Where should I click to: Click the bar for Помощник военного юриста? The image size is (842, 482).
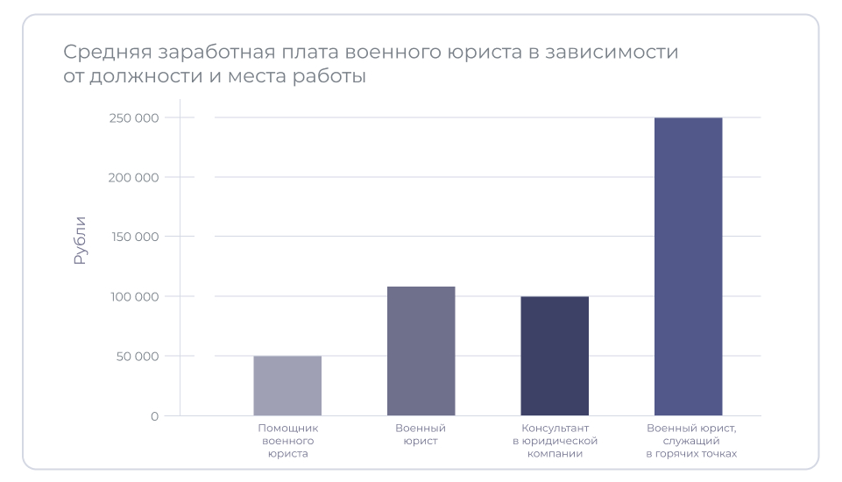coord(287,386)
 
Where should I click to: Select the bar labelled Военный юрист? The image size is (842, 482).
coord(421,351)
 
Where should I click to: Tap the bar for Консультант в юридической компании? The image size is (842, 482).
coord(555,356)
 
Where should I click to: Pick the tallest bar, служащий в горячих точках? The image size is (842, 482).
coord(688,266)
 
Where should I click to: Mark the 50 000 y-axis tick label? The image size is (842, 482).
coord(137,356)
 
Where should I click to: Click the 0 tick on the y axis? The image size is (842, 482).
coord(154,415)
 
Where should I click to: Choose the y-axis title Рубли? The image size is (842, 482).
coord(80,240)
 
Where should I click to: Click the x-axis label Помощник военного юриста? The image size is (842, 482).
coord(287,441)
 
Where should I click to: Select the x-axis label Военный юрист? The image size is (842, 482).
coord(421,435)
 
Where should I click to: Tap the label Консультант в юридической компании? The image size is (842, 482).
coord(555,441)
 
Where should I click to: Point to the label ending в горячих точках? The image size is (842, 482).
coord(691,441)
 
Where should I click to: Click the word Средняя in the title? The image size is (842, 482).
coord(98,53)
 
